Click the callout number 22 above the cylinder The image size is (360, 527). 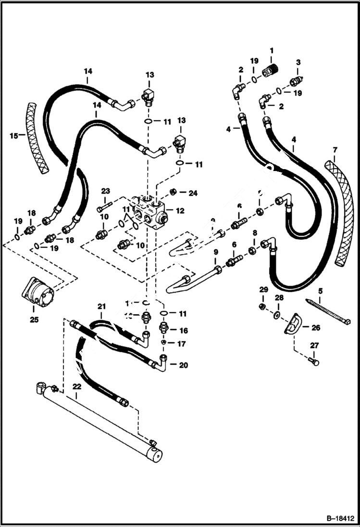76,386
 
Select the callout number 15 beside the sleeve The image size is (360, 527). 13,135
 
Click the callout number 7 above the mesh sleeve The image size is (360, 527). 335,149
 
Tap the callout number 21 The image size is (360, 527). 101,306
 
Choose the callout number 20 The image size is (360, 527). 184,365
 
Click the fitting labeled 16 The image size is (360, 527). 164,330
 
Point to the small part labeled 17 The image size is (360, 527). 164,343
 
